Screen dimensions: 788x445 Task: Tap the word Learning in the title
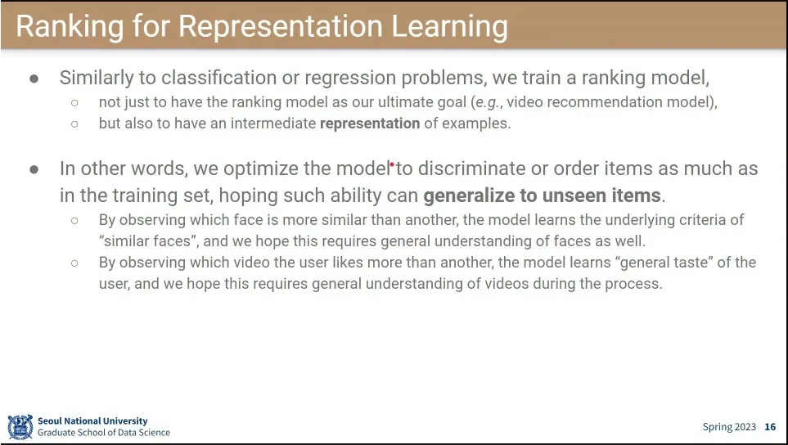pyautogui.click(x=449, y=26)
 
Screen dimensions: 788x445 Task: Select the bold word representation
pyautogui.click(x=370, y=124)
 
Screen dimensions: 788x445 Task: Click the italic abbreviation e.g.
pyautogui.click(x=489, y=103)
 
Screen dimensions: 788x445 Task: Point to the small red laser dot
pyautogui.click(x=392, y=164)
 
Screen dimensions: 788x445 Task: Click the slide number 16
pyautogui.click(x=770, y=427)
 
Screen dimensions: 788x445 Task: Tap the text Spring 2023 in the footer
pyautogui.click(x=729, y=427)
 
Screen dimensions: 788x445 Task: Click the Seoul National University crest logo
pyautogui.click(x=20, y=426)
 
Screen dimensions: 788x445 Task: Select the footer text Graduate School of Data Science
pyautogui.click(x=104, y=433)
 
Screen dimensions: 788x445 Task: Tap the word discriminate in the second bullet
pyautogui.click(x=471, y=169)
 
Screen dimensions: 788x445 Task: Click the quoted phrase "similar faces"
pyautogui.click(x=147, y=241)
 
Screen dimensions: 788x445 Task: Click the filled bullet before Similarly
pyautogui.click(x=34, y=79)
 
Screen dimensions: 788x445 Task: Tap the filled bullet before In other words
pyautogui.click(x=34, y=169)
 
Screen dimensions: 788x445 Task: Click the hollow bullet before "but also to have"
pyautogui.click(x=74, y=124)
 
